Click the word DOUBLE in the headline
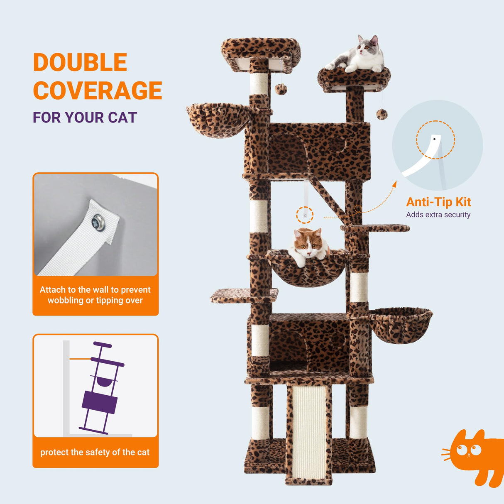coord(80,62)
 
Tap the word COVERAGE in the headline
coord(98,91)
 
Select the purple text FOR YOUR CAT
coord(85,117)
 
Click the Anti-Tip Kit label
coord(438,202)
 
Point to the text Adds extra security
coord(438,215)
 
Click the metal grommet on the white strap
coord(99,222)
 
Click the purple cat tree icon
coord(101,388)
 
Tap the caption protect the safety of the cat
coord(95,452)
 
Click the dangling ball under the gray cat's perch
coord(382,114)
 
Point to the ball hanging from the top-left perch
coord(281,89)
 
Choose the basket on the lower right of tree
coord(400,324)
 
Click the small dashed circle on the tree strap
coord(305,215)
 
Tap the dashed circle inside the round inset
coord(435,140)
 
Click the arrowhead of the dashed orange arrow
coord(394,184)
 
